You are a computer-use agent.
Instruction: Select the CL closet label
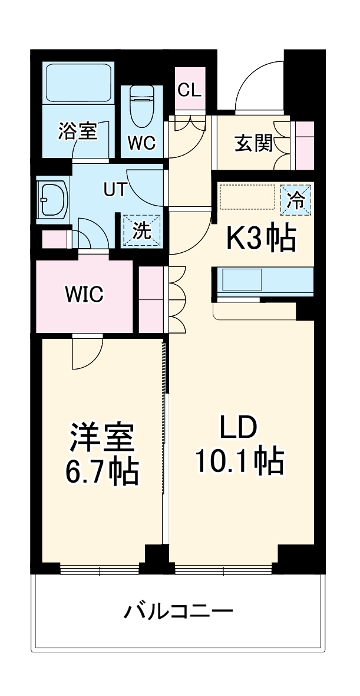190,90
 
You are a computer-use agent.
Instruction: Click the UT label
115,189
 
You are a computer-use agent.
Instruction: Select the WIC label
84,293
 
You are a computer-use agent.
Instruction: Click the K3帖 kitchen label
261,239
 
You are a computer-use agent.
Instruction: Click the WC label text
141,143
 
